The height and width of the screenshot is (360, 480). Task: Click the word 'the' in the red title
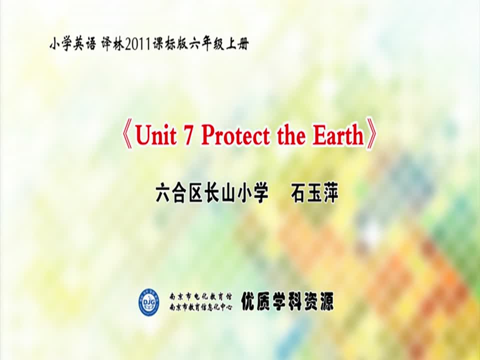coord(291,136)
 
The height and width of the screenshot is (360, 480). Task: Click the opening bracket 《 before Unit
coord(127,136)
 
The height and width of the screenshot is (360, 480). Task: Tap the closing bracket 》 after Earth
coord(370,134)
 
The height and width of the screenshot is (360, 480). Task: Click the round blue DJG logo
coord(149,302)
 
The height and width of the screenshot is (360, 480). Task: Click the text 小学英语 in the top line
coord(72,44)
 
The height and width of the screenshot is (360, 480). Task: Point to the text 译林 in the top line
coord(112,44)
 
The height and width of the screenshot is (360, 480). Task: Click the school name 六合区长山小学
coord(212,193)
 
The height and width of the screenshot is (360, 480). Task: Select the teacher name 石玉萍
coord(314,193)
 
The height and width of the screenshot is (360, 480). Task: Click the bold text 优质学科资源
coord(287,301)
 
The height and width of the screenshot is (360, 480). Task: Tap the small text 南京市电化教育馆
coord(201,296)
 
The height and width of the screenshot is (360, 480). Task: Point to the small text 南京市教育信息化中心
coord(201,306)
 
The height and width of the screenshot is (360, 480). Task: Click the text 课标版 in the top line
coord(169,44)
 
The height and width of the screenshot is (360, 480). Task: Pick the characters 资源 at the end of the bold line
coord(318,301)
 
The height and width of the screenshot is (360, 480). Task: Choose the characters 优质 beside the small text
coord(256,301)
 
